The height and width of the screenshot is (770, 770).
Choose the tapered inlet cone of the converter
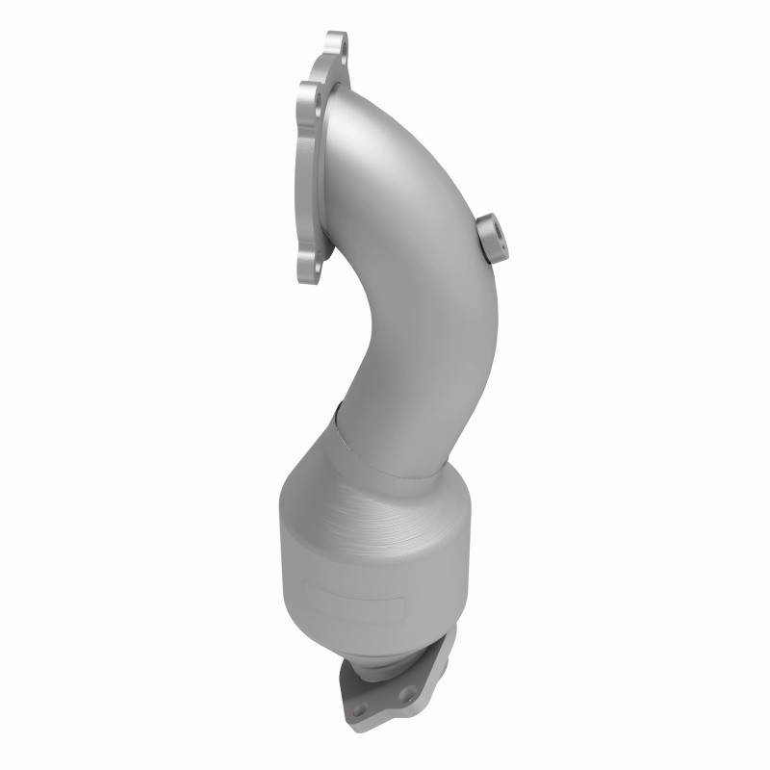(375, 481)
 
